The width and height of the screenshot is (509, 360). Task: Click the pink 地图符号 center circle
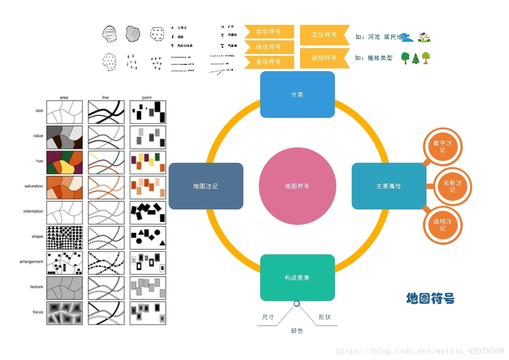pyautogui.click(x=297, y=186)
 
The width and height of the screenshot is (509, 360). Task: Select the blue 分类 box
pyautogui.click(x=297, y=94)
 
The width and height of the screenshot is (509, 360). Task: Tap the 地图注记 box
pyautogui.click(x=206, y=186)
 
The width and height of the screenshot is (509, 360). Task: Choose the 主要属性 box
pyautogui.click(x=389, y=186)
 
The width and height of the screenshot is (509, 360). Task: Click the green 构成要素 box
pyautogui.click(x=297, y=277)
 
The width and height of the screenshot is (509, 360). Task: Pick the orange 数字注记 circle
pyautogui.click(x=442, y=146)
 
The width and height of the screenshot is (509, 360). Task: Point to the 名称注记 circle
pyautogui.click(x=452, y=186)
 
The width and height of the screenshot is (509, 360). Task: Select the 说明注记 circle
pyautogui.click(x=442, y=225)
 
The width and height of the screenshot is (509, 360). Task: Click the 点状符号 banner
pyautogui.click(x=269, y=32)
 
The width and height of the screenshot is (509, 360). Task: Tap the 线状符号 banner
pyautogui.click(x=269, y=47)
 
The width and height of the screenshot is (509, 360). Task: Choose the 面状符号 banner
pyautogui.click(x=269, y=62)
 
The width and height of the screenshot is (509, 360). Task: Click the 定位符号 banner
pyautogui.click(x=325, y=35)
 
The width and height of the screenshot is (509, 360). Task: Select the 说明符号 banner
pyautogui.click(x=325, y=58)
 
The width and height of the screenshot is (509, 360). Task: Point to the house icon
pyautogui.click(x=424, y=37)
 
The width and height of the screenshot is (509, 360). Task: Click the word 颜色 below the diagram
pyautogui.click(x=297, y=331)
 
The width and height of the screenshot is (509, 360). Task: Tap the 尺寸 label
pyautogui.click(x=268, y=317)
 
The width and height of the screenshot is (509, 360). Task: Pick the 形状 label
pyautogui.click(x=325, y=317)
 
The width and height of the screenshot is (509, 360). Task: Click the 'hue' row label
pyautogui.click(x=39, y=161)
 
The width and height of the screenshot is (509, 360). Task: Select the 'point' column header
pyautogui.click(x=147, y=97)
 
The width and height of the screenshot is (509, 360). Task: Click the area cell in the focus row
pyautogui.click(x=64, y=313)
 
